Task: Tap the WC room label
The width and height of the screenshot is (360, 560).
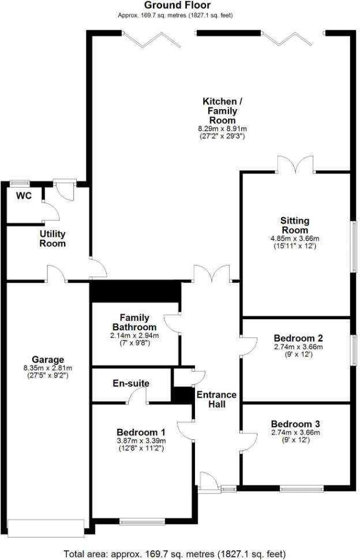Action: click(24, 196)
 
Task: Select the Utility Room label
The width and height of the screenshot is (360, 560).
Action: click(52, 238)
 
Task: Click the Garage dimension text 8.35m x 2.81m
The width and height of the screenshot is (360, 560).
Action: click(48, 368)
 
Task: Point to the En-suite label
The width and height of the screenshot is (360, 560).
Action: click(132, 383)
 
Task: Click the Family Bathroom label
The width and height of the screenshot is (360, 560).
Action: click(134, 322)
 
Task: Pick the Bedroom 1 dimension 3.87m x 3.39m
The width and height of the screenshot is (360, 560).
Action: click(141, 441)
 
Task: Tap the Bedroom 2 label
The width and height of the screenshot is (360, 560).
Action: click(298, 338)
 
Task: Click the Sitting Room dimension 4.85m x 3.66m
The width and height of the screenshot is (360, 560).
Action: click(295, 238)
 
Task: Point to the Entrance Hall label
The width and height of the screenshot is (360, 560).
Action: click(216, 400)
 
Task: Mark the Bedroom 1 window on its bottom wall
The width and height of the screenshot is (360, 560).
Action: click(142, 522)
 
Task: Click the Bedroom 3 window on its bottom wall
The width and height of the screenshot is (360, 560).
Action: click(302, 489)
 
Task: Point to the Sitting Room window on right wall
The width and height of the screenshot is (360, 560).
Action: click(354, 245)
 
